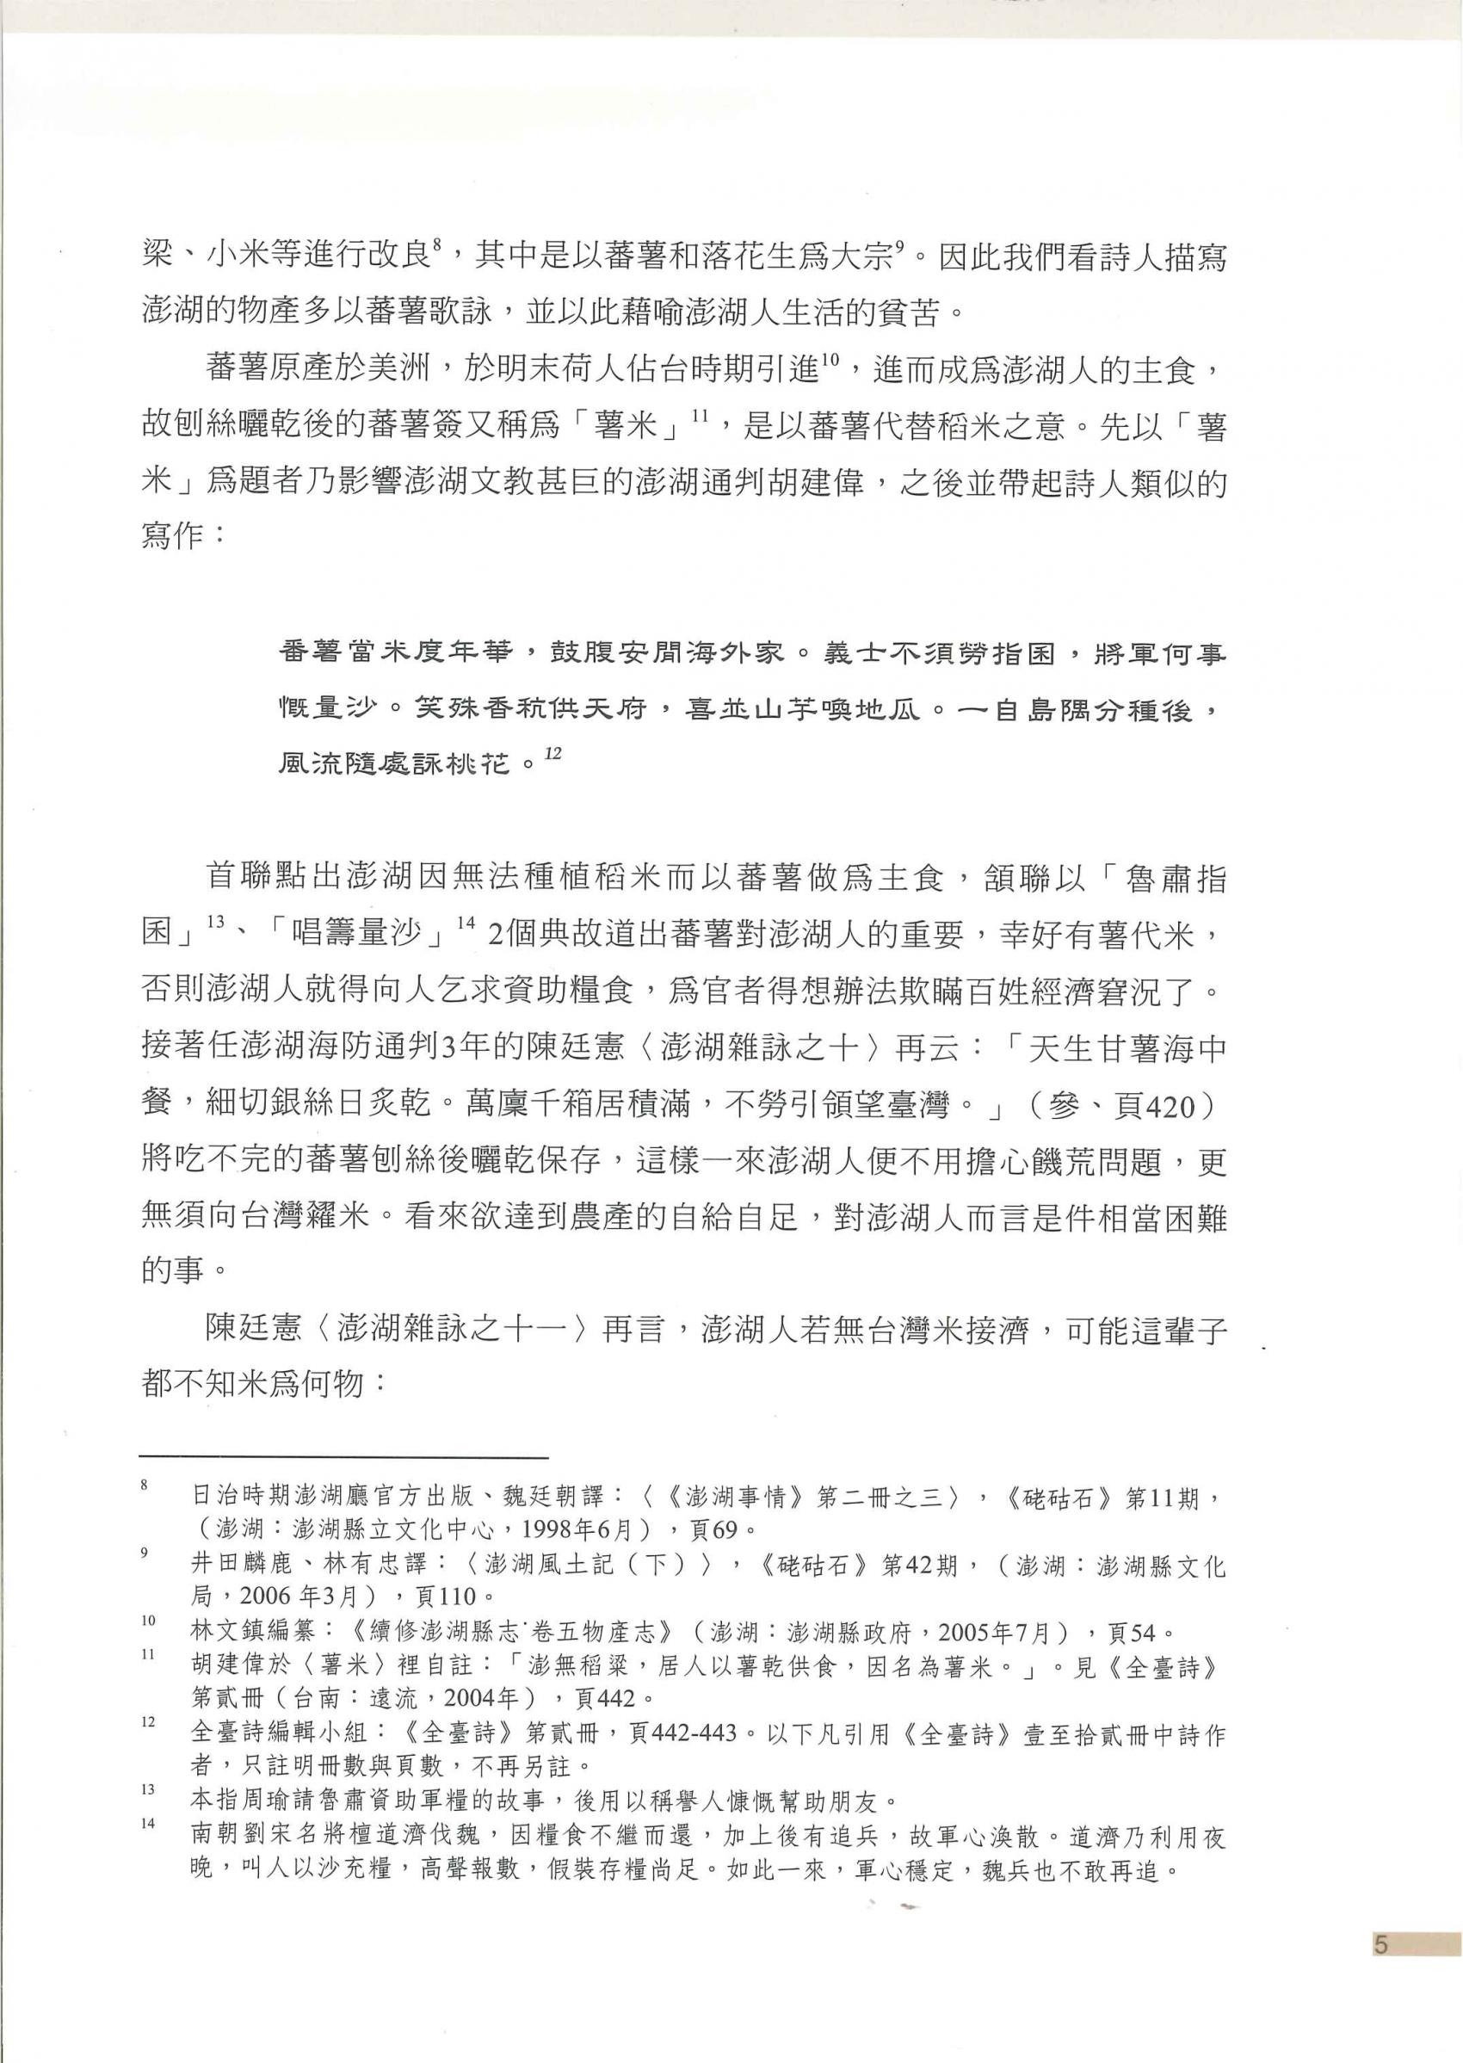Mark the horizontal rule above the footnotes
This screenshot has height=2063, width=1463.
[344, 1456]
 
